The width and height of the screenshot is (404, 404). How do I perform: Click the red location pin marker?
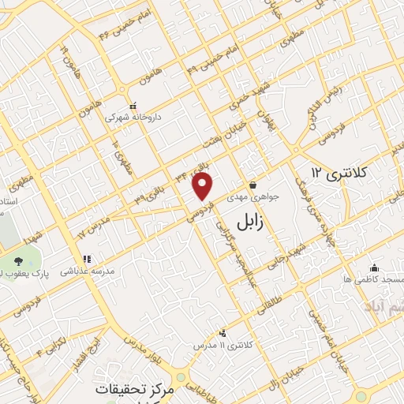[x=204, y=186]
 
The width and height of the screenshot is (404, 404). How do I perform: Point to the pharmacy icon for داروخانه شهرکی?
[x=133, y=105]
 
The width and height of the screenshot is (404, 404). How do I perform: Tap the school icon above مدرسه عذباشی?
[x=88, y=258]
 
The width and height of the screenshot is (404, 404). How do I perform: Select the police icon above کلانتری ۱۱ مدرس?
[x=223, y=332]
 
